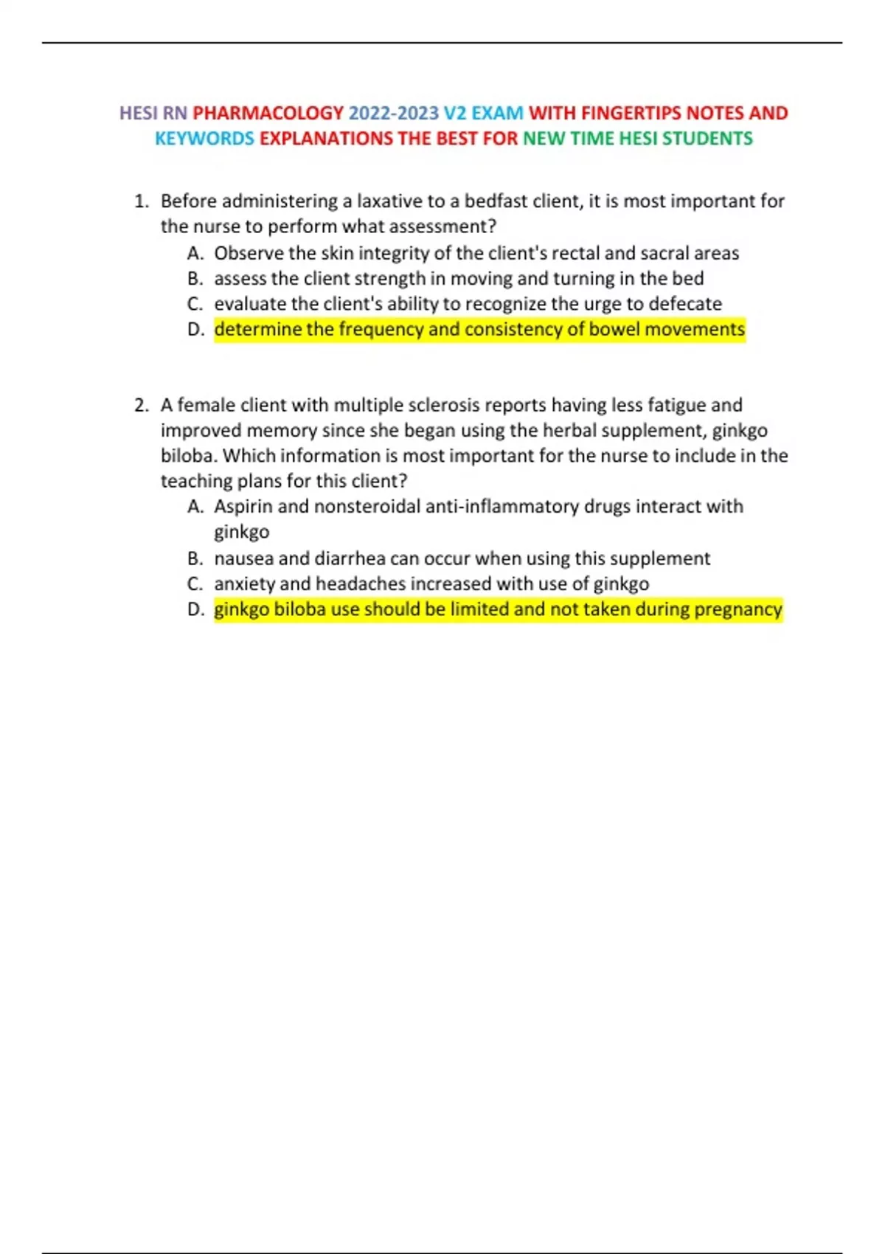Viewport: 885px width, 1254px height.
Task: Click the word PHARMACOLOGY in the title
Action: [268, 113]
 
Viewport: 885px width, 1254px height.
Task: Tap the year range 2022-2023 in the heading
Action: [393, 113]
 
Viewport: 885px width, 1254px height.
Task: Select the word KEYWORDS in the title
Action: [204, 139]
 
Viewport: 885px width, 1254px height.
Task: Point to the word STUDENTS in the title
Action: [707, 139]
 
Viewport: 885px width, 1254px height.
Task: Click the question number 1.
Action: [141, 201]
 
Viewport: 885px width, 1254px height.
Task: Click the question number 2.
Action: [141, 405]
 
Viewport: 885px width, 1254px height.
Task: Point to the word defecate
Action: [685, 304]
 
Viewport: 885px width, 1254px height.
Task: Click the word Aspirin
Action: [243, 507]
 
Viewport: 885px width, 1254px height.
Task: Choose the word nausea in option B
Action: [243, 558]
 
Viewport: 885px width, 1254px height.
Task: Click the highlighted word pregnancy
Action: [737, 609]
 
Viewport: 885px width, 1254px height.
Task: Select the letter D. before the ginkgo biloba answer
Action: [195, 609]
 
